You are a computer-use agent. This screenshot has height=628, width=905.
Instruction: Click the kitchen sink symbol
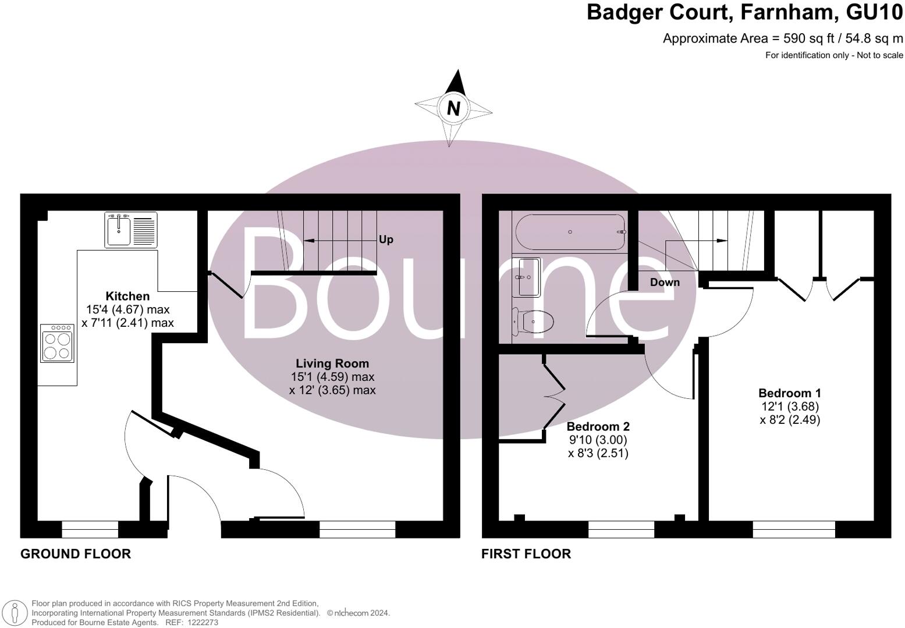coord(131,230)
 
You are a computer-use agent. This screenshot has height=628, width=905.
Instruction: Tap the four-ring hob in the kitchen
coord(57,344)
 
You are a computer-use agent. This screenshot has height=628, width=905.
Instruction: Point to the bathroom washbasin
coord(527,277)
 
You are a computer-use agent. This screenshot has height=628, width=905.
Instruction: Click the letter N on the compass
coord(453,109)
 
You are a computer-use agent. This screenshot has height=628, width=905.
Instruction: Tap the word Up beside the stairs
coord(386,240)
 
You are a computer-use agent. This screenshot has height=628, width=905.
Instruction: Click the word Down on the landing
coord(665,282)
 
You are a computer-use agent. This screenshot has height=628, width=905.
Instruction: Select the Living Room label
coord(332,363)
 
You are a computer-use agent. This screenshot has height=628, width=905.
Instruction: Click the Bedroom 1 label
coord(790,393)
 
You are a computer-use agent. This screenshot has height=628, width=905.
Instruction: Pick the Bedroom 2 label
coord(598,427)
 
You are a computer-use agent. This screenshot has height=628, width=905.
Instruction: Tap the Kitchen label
coord(127,296)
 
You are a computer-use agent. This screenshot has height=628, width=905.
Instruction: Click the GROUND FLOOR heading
coord(76,554)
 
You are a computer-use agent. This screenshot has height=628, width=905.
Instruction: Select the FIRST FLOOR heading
coord(526,554)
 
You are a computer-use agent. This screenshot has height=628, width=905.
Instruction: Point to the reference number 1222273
coord(201,622)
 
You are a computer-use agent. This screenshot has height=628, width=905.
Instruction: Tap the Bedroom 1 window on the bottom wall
coord(794,529)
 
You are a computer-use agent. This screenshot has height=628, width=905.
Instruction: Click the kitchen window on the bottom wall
coord(90,529)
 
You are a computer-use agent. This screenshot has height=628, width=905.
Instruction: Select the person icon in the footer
coord(15,613)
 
